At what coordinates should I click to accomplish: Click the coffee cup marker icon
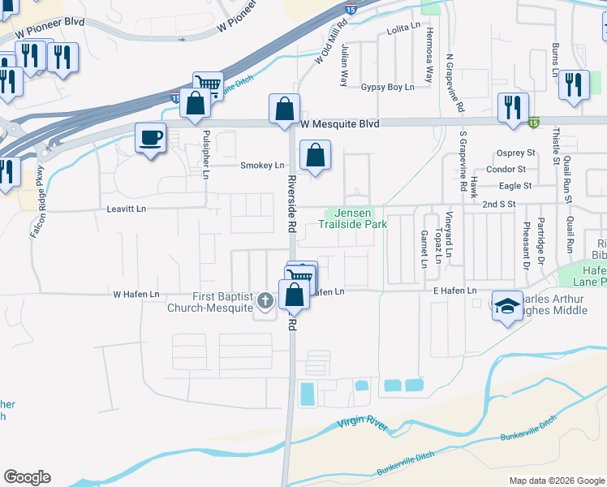[x=150, y=137]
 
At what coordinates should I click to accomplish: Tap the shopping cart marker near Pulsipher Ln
[x=209, y=84]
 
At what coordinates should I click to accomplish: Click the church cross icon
[x=264, y=302]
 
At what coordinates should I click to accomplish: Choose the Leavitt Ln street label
[x=126, y=209]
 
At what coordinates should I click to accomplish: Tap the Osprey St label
[x=516, y=153]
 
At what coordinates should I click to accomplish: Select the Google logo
[x=27, y=477]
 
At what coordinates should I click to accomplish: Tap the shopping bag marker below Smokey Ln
[x=315, y=155]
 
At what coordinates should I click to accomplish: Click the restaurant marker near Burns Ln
[x=575, y=84]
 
